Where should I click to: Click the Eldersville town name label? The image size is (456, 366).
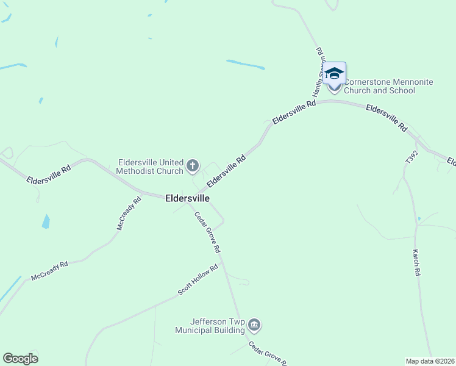[187, 199]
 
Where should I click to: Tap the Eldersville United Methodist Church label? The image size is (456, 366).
[151, 167]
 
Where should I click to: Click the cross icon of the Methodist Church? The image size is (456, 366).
[193, 165]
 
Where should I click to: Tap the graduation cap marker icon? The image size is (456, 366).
[334, 74]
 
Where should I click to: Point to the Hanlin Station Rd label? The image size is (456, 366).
[318, 73]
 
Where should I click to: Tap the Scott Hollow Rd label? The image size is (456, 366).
[198, 280]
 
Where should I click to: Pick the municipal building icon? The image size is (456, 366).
[255, 326]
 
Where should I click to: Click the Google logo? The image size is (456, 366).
[20, 359]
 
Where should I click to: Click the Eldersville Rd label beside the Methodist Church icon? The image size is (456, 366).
[226, 171]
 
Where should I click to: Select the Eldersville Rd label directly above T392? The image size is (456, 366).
[386, 118]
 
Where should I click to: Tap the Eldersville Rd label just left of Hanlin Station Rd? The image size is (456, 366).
[294, 113]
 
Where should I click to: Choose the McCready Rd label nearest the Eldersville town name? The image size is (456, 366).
[129, 213]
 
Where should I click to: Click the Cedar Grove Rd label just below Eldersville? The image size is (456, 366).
[207, 232]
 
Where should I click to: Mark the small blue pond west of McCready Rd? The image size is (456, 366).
[45, 221]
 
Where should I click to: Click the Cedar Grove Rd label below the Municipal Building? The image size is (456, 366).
[268, 353]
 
